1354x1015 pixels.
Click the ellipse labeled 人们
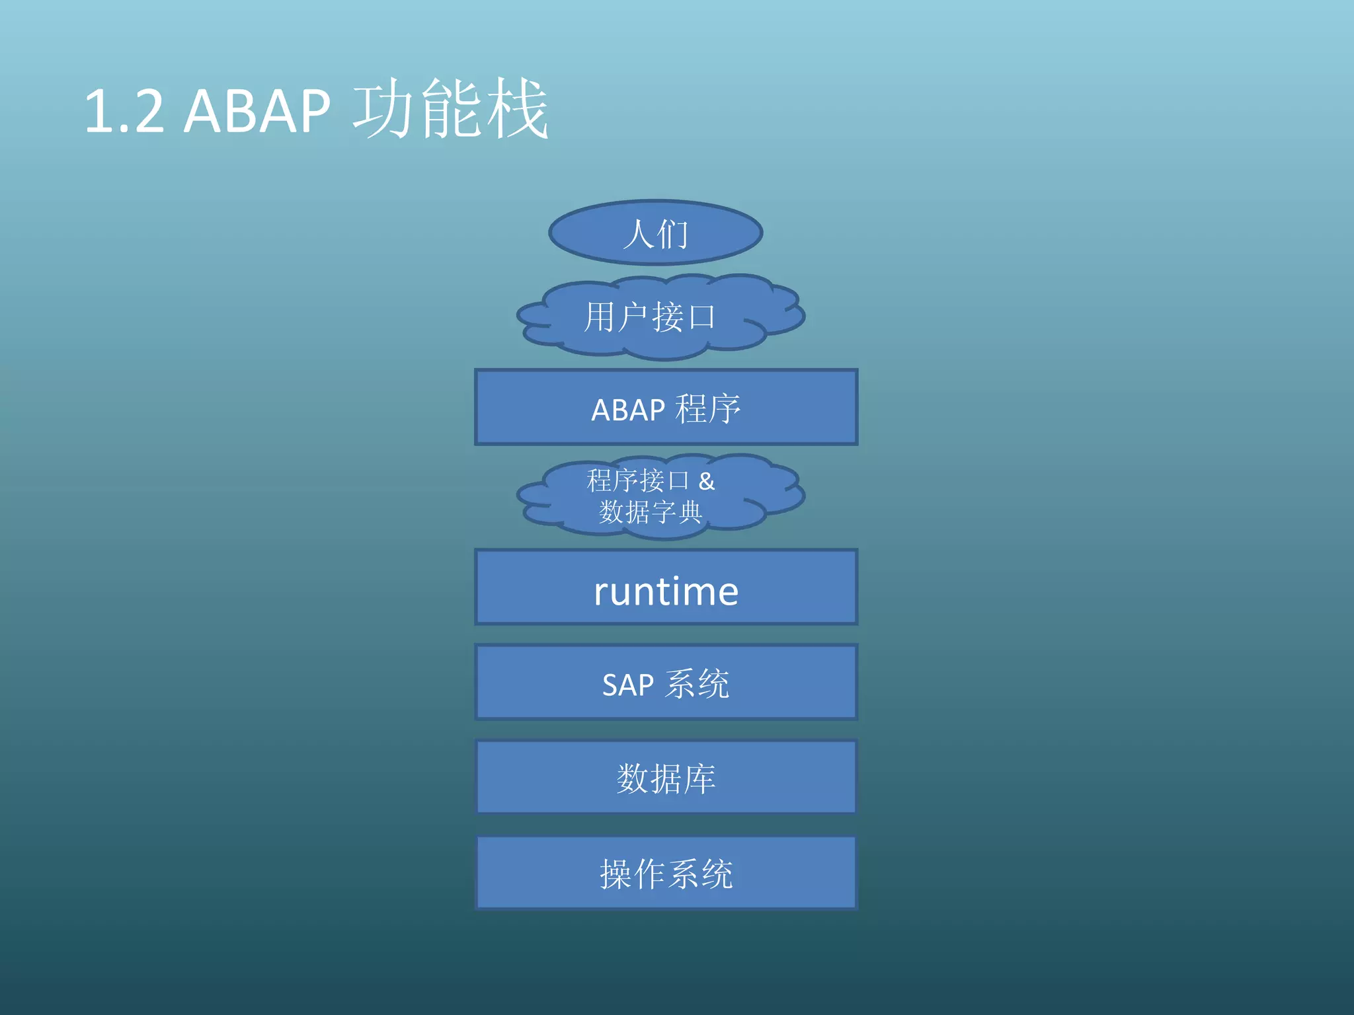click(655, 233)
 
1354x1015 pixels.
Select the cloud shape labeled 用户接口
click(660, 317)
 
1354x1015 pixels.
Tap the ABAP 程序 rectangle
click(666, 407)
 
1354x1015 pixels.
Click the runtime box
click(666, 587)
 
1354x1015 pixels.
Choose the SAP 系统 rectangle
click(666, 683)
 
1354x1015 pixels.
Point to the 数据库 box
click(666, 777)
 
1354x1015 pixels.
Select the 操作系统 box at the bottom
click(666, 873)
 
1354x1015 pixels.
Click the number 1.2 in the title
click(124, 111)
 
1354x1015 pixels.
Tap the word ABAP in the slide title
click(257, 111)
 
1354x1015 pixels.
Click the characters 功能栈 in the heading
click(451, 109)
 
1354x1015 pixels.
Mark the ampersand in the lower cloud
click(707, 481)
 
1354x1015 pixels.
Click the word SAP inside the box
click(627, 685)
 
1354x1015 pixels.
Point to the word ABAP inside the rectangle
click(627, 410)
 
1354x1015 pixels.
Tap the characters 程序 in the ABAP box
click(707, 408)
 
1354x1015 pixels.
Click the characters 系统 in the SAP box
click(697, 683)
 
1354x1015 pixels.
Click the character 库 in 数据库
click(699, 778)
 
